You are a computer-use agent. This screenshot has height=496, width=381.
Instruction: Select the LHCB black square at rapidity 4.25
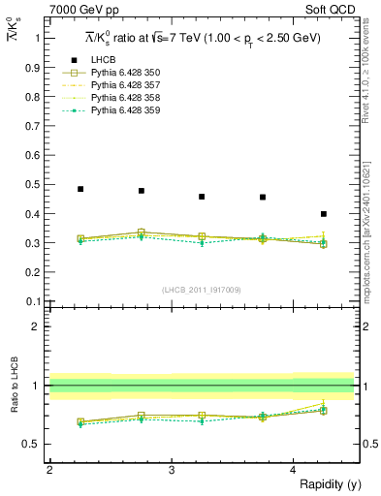pos(324,214)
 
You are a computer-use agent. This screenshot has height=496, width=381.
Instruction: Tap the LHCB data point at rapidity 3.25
pos(202,197)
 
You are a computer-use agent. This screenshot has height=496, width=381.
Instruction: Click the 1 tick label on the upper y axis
pos(37,38)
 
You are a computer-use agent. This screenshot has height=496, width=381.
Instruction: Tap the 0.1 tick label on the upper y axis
pos(34,301)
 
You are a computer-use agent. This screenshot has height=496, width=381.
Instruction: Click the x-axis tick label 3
pos(172,469)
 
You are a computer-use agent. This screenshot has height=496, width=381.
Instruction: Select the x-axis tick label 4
pos(294,469)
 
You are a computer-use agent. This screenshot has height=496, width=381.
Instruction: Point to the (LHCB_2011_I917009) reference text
pos(202,290)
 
